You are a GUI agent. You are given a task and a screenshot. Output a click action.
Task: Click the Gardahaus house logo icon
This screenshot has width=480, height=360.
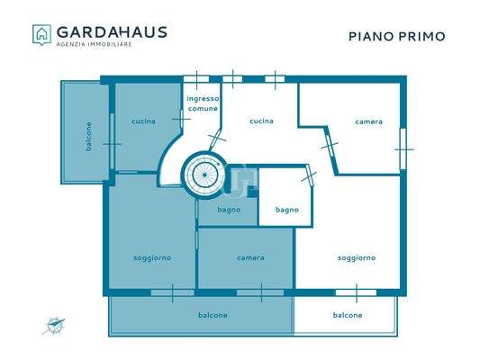(x=42, y=34)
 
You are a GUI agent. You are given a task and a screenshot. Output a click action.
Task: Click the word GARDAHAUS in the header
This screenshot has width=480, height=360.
(x=112, y=31)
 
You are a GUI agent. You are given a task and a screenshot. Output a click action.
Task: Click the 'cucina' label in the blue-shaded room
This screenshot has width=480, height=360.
(x=142, y=121)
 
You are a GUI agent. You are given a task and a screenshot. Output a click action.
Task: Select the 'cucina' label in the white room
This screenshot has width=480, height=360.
(x=261, y=121)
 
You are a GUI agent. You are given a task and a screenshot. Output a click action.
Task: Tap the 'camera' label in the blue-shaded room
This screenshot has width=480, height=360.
(x=250, y=258)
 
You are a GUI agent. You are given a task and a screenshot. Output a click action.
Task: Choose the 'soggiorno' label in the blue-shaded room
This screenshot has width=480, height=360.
(x=151, y=258)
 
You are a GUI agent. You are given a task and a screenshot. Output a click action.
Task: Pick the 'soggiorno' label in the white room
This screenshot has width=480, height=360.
(x=356, y=258)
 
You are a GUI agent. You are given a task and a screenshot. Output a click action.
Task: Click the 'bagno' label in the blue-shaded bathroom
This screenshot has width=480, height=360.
(x=226, y=211)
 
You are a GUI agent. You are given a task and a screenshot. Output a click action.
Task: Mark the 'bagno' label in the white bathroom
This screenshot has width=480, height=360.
(x=287, y=211)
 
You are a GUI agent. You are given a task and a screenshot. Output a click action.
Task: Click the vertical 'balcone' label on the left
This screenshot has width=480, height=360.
(x=88, y=136)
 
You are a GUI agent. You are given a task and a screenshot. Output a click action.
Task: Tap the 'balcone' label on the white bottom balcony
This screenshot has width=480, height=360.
(x=348, y=315)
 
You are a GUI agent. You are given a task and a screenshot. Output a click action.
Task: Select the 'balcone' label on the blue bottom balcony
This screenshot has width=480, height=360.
(x=213, y=315)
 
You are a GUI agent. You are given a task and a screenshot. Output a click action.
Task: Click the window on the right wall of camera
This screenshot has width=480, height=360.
(x=403, y=140)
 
